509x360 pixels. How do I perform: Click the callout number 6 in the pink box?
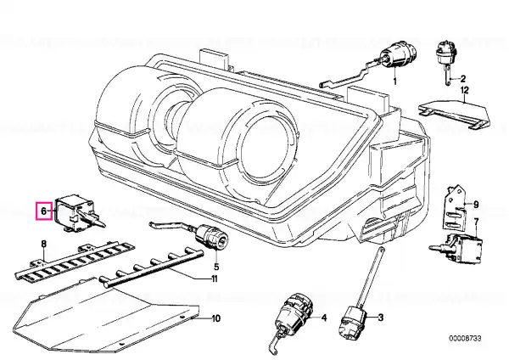(x=44, y=211)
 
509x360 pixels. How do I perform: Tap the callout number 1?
(x=394, y=81)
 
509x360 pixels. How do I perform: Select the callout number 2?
(x=462, y=79)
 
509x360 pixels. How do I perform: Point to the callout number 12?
(x=465, y=90)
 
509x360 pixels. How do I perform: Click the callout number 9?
(x=476, y=205)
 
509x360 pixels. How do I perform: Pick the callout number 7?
(x=476, y=222)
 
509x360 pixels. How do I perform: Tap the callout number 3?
(x=380, y=317)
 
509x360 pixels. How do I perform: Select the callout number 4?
(x=324, y=318)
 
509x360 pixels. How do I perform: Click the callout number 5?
(x=216, y=267)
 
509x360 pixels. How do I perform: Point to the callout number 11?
(x=215, y=278)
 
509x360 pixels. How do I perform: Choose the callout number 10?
(x=215, y=318)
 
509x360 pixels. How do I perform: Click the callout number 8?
(x=43, y=244)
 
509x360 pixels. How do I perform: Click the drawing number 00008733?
(x=465, y=338)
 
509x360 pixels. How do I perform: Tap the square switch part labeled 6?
(x=78, y=213)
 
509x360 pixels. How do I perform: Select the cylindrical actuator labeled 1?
(x=398, y=58)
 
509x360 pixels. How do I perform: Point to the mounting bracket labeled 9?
(x=454, y=208)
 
